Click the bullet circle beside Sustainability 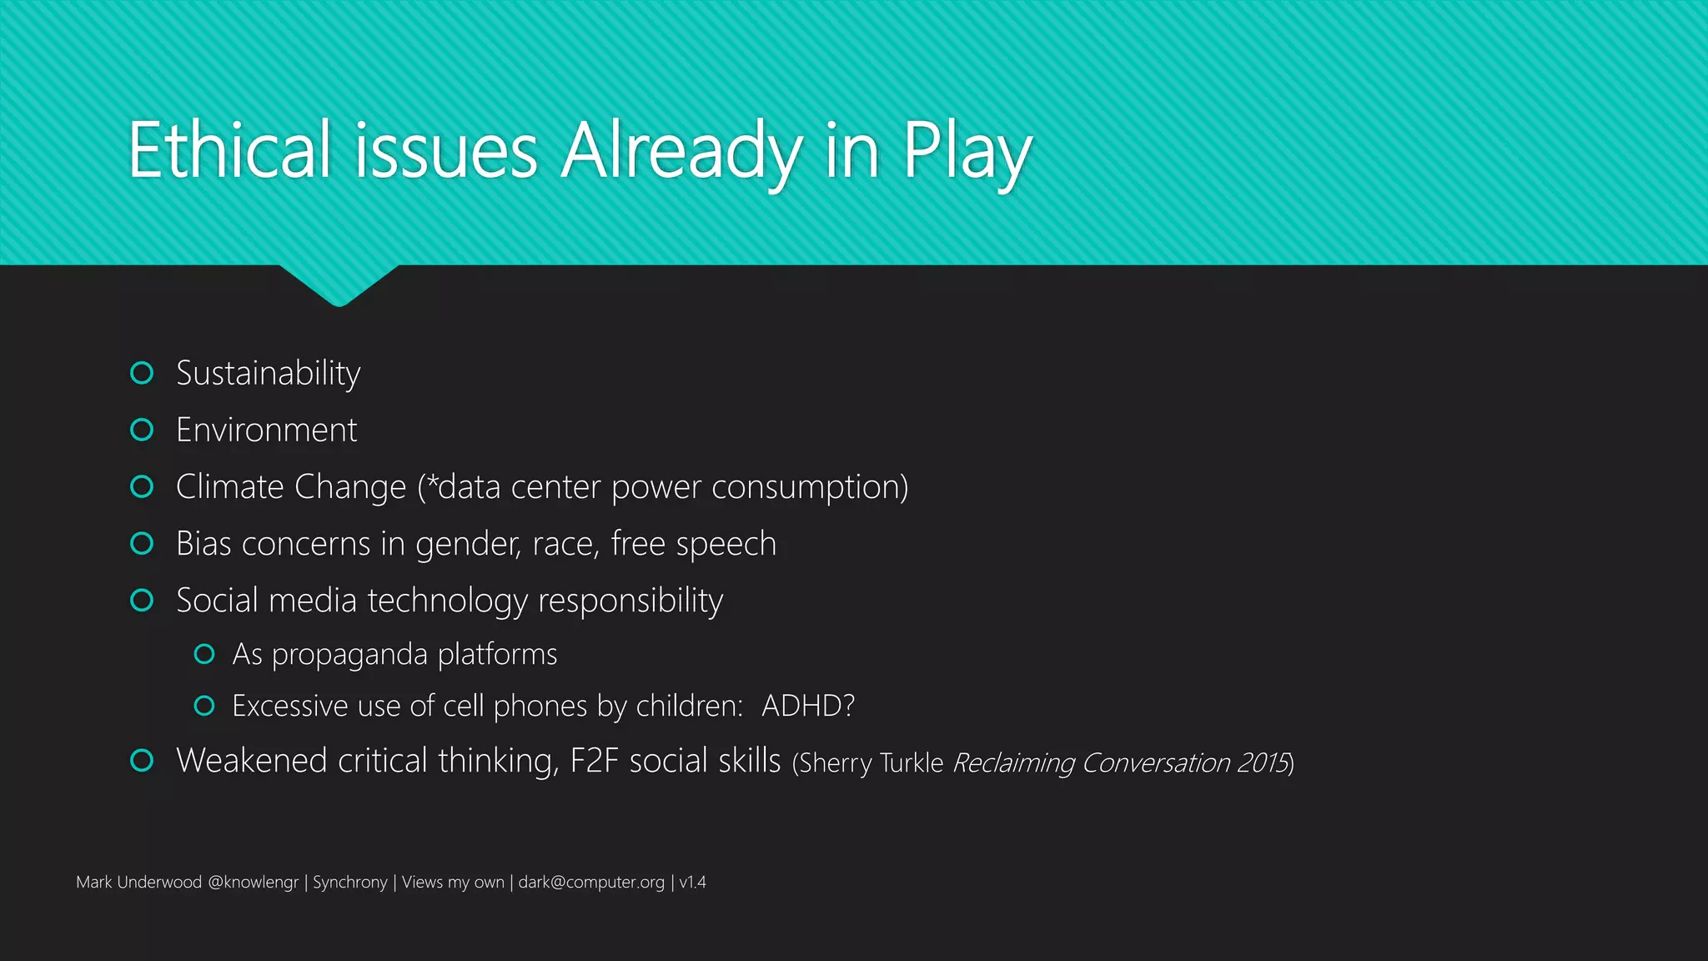(143, 373)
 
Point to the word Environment (267, 430)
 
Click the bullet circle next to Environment (143, 430)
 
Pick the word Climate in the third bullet (229, 487)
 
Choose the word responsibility (630, 601)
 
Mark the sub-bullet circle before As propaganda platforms (204, 654)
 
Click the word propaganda (349, 655)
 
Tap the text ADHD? (808, 707)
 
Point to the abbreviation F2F (594, 761)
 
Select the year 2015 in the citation (1263, 763)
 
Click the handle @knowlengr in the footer (253, 883)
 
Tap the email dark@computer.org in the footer (591, 883)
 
